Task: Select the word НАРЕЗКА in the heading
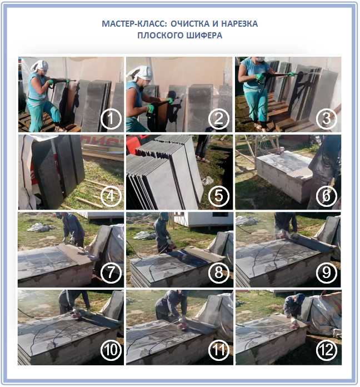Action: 239,24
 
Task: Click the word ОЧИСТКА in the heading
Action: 189,24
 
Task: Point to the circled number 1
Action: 111,119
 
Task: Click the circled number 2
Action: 219,119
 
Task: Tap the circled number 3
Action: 327,119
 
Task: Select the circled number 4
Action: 111,196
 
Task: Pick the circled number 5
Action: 219,196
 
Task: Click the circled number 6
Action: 327,196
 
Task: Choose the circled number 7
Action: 111,272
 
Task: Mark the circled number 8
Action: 219,272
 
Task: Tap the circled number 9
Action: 327,272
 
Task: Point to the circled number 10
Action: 111,350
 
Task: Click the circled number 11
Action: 219,350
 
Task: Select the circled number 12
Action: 327,350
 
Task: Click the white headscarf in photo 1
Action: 39,66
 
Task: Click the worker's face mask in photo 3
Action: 260,59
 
